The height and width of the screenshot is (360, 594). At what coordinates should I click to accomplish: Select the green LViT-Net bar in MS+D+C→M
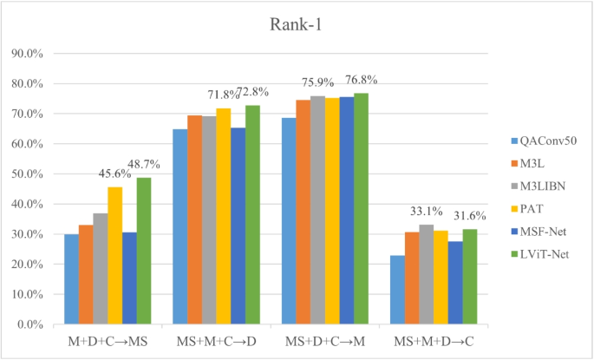pyautogui.click(x=361, y=208)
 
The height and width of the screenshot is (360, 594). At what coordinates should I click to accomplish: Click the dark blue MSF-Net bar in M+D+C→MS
pyautogui.click(x=129, y=278)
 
